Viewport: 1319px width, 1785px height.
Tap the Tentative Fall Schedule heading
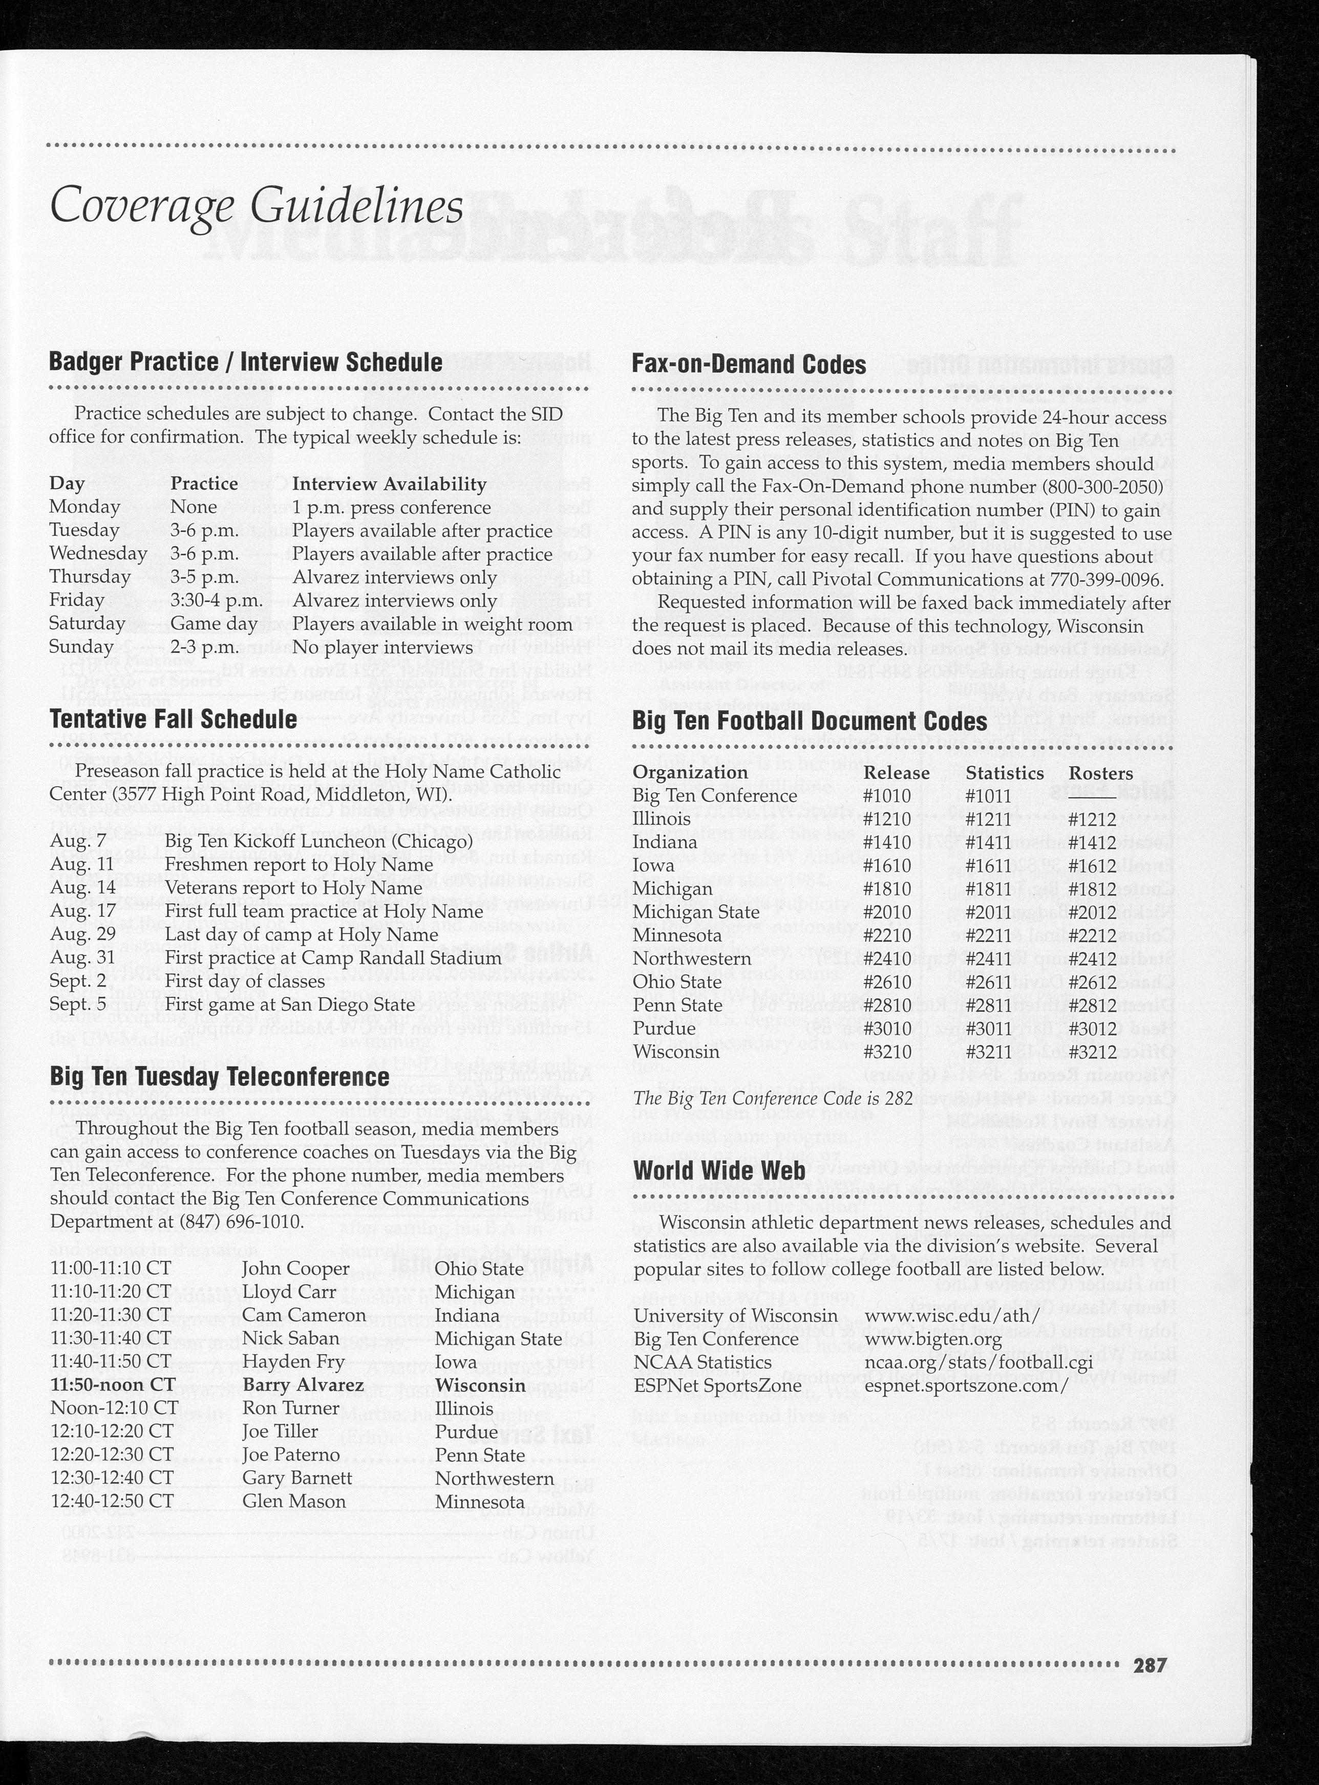click(173, 719)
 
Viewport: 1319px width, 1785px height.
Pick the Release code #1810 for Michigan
click(886, 889)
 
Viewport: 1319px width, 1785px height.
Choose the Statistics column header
click(1005, 773)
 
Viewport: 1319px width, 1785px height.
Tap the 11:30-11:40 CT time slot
click(111, 1338)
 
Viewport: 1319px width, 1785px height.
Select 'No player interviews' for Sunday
click(382, 647)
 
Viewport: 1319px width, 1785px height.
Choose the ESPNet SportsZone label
click(717, 1385)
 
